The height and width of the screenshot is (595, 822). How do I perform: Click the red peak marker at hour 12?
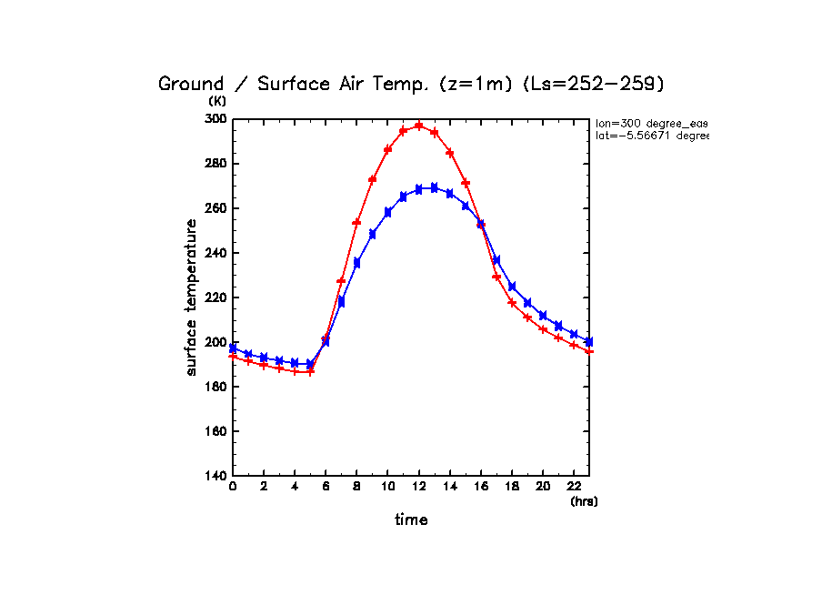(419, 126)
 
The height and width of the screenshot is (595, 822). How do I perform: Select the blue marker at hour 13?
(435, 187)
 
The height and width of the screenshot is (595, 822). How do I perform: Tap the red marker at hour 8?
(357, 223)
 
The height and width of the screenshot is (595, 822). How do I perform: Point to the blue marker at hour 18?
(512, 287)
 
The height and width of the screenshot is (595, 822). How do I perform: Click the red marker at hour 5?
(310, 371)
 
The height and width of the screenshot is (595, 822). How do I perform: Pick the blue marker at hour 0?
(233, 348)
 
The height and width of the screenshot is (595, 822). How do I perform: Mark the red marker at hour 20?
(543, 329)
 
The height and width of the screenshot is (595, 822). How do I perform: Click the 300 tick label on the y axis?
(215, 119)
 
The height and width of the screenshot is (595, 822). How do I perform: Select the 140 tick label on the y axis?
(215, 476)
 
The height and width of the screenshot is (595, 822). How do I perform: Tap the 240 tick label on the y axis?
(215, 253)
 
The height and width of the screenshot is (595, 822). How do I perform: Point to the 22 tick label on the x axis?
(574, 488)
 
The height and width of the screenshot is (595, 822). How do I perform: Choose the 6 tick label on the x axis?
(326, 488)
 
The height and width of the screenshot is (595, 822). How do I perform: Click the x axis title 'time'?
(411, 519)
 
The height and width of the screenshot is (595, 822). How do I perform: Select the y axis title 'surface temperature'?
(192, 297)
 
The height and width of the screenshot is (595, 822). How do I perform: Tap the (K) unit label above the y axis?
(216, 101)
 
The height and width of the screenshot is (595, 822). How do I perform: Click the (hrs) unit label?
(584, 501)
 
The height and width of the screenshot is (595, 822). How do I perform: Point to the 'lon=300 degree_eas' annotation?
(651, 123)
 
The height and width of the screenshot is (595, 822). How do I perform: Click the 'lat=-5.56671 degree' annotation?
(651, 136)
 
